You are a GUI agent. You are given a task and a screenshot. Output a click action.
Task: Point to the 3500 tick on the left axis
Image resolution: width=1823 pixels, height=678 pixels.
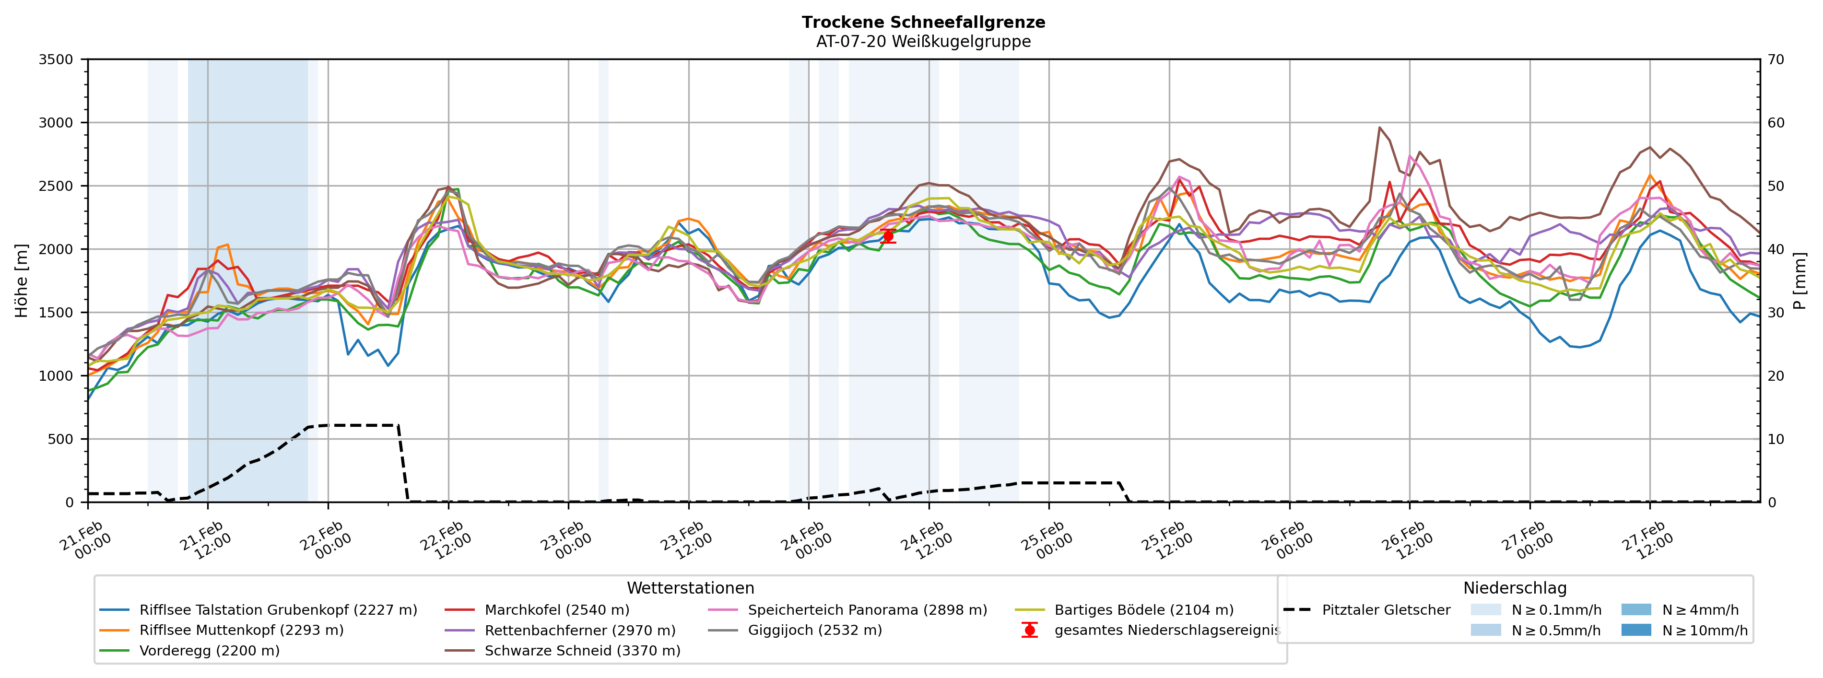[56, 59]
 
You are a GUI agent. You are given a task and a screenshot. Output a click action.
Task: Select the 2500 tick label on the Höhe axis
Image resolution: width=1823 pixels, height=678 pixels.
[56, 186]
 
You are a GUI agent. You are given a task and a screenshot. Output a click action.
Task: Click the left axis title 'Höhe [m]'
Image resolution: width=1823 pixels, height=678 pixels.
[21, 280]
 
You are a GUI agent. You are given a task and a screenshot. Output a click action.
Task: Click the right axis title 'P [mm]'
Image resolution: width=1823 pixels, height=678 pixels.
[1799, 280]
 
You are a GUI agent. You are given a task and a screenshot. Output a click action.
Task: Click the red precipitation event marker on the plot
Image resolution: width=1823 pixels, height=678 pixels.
[888, 236]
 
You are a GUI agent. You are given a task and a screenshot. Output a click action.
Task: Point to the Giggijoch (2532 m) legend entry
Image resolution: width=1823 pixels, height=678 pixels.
[814, 630]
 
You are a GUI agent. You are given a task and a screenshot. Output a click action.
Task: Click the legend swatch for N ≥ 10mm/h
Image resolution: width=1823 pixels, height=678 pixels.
[1635, 630]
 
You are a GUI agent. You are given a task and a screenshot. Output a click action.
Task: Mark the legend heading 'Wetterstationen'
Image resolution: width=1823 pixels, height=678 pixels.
[690, 588]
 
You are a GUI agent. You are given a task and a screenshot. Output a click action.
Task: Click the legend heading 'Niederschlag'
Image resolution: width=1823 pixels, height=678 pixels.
[1515, 588]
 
